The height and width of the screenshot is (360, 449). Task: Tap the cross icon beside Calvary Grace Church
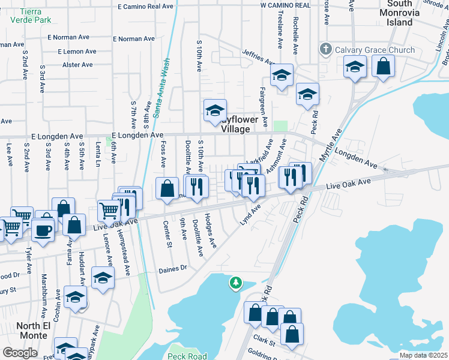(x=325, y=49)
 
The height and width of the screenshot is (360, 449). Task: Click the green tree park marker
(x=236, y=282)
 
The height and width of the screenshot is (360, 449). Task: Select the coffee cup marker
(x=42, y=230)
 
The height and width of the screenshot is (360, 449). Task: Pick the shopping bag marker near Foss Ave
(x=167, y=188)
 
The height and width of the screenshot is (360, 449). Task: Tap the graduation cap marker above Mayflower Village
(x=215, y=110)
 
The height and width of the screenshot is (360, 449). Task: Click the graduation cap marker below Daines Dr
(x=103, y=278)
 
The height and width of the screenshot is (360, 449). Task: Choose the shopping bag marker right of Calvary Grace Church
(x=383, y=66)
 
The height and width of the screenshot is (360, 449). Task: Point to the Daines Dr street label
(x=173, y=269)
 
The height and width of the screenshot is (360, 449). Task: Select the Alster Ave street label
(x=77, y=65)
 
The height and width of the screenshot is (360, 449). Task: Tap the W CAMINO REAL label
(x=285, y=5)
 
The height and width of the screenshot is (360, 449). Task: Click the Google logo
(x=20, y=352)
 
